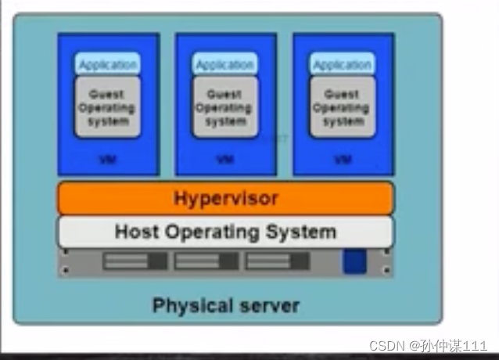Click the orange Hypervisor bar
tap(225, 199)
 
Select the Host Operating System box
tap(225, 232)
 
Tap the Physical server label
tap(225, 304)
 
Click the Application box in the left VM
tap(109, 65)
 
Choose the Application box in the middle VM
tap(224, 65)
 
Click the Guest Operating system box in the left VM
tap(109, 107)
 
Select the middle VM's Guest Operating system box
tap(224, 107)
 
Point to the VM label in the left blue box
tap(107, 160)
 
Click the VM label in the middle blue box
tap(224, 160)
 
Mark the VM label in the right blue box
tap(343, 160)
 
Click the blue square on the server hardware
tap(354, 261)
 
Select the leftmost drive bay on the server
tap(135, 261)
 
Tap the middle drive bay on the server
tap(206, 261)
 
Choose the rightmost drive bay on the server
tap(277, 261)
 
